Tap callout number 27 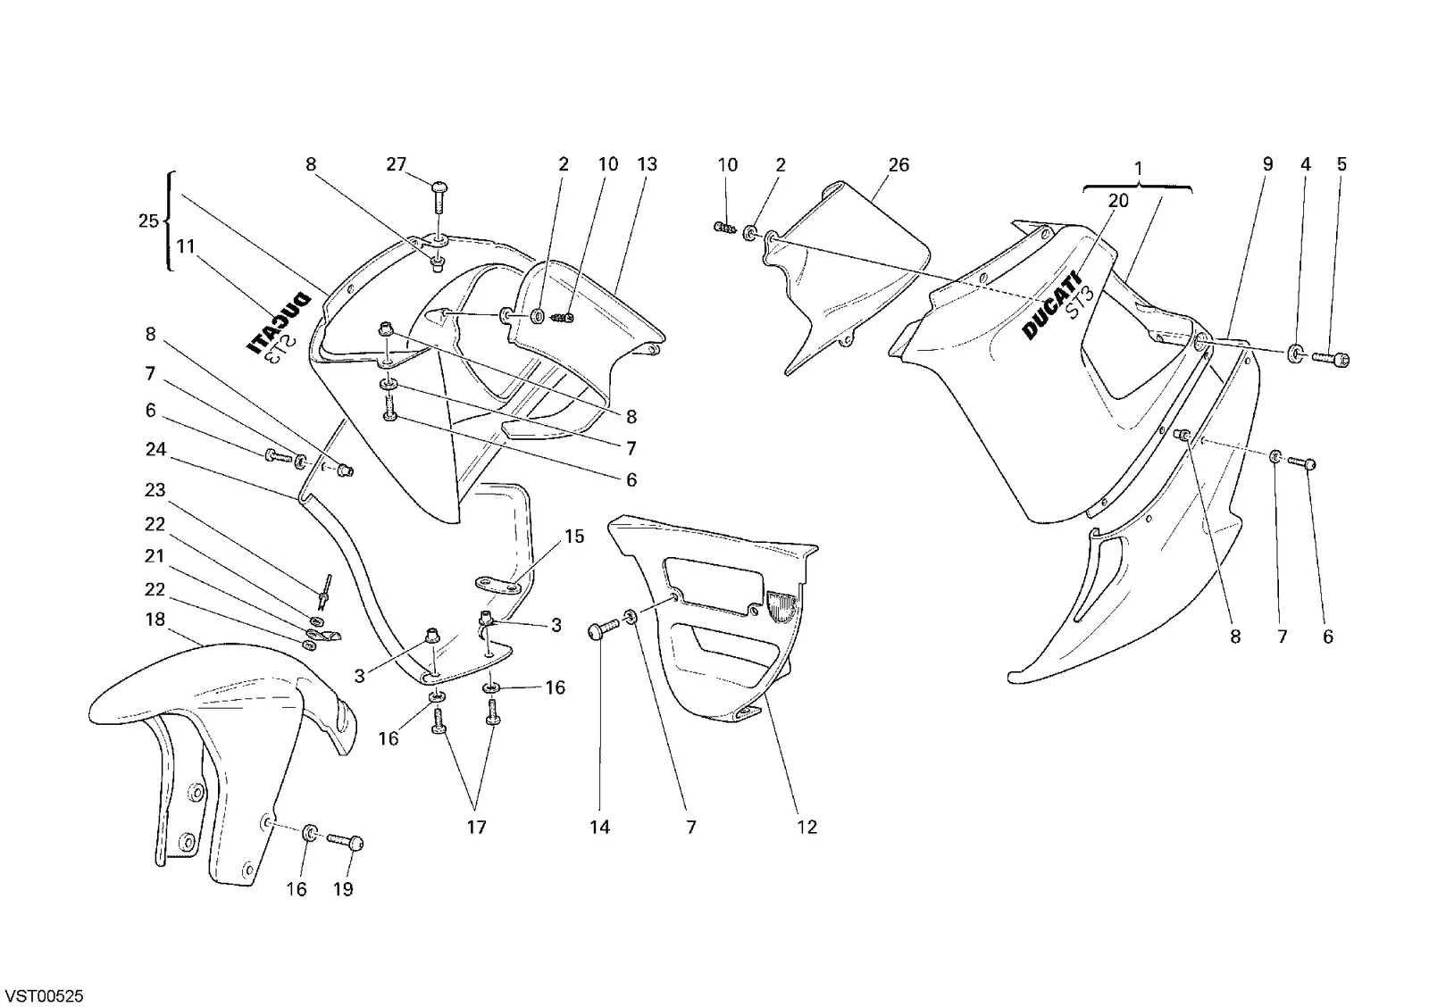point(397,164)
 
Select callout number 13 point(647,164)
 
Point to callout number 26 point(898,165)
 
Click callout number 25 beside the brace point(148,221)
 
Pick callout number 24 point(155,450)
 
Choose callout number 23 point(155,490)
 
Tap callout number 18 point(155,620)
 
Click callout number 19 point(343,889)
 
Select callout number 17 point(477,828)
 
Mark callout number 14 point(599,828)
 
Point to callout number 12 point(807,828)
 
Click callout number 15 point(574,537)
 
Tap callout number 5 point(1341,164)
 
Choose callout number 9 point(1267,164)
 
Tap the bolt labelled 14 point(602,631)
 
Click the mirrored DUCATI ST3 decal point(280,331)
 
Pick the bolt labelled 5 point(1331,361)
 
